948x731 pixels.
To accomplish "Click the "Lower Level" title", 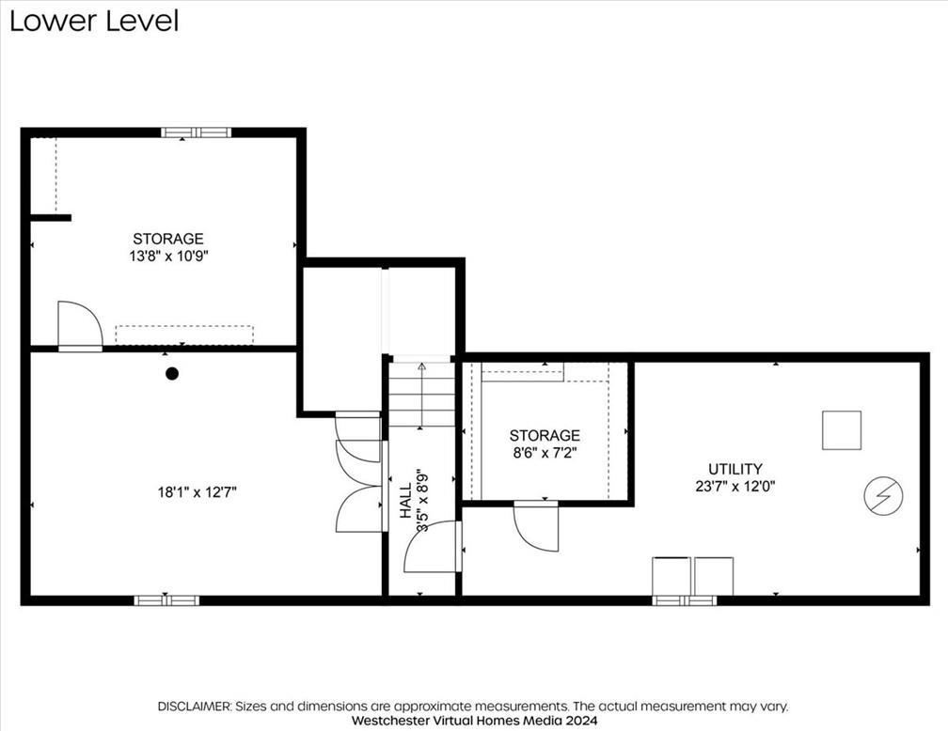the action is coord(94,21).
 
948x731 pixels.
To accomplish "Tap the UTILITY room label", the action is coord(735,469).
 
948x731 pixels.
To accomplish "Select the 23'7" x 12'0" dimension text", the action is coord(735,487).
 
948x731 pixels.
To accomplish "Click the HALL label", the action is coord(405,500).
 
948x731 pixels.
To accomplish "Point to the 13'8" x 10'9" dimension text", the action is coord(168,257).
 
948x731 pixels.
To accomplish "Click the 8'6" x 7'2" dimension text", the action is coord(545,453).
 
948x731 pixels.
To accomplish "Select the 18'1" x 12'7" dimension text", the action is coord(197,492).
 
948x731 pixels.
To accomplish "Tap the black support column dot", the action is coord(172,374).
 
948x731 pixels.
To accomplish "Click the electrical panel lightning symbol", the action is coord(883,496).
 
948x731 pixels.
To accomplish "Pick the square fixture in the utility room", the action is coord(842,430).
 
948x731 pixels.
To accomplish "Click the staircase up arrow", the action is coord(421,396).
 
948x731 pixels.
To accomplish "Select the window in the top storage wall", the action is coord(196,132).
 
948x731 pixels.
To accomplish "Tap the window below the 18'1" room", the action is coord(166,600).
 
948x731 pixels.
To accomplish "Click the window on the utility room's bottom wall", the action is coord(685,600).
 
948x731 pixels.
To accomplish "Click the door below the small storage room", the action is coord(536,526).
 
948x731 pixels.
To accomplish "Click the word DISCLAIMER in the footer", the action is coord(194,707).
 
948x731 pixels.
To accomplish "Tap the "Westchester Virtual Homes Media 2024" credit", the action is coord(475,721).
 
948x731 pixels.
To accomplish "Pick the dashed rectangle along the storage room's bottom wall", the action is coord(184,335).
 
